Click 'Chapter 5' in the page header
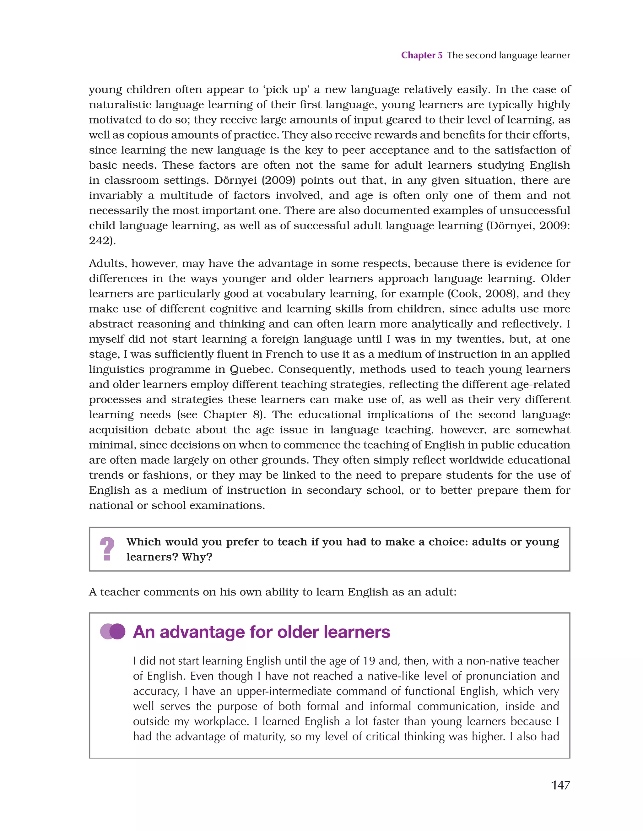tap(422, 56)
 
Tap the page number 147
tap(560, 785)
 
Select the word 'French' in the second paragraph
tap(284, 354)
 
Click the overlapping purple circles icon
tap(113, 632)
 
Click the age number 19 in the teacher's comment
tap(369, 661)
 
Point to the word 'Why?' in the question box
tap(197, 557)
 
